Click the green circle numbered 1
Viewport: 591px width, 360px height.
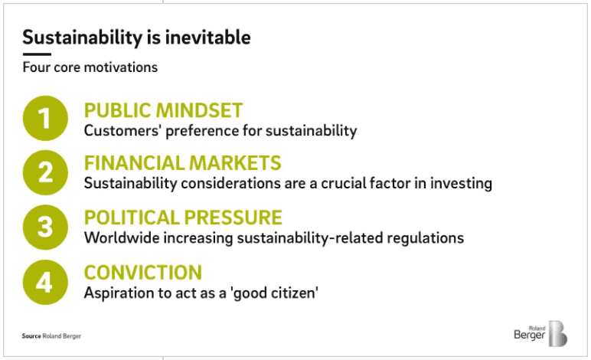(x=44, y=119)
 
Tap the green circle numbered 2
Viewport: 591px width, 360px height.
(x=44, y=172)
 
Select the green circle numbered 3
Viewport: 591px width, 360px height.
(x=44, y=227)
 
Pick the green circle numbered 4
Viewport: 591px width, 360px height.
(x=44, y=281)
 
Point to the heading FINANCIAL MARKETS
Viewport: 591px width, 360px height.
(x=182, y=163)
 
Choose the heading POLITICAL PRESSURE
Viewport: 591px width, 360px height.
(x=183, y=218)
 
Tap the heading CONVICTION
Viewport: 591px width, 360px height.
(x=142, y=272)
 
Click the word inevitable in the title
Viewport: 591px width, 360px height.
(x=207, y=37)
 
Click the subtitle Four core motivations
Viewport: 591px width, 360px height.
(x=90, y=67)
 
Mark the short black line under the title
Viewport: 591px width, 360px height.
(x=37, y=54)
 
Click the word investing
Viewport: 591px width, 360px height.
(x=462, y=184)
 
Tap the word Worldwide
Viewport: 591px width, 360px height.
(x=119, y=237)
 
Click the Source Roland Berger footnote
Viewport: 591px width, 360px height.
(x=51, y=336)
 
